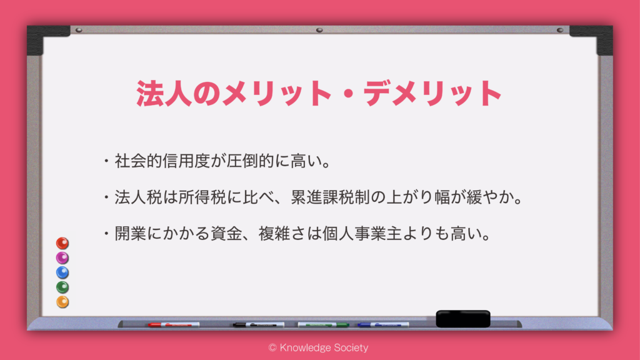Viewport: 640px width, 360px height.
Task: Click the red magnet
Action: tap(62, 243)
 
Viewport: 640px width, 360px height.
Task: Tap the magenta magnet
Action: tap(62, 258)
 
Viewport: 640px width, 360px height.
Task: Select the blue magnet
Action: tap(62, 272)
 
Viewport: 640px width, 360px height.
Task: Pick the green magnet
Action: tap(62, 287)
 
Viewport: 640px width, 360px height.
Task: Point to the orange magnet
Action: tap(62, 302)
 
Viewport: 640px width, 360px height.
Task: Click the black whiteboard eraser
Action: tap(463, 319)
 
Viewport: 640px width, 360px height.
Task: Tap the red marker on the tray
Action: tap(174, 325)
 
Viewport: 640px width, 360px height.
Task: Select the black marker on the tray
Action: tap(258, 325)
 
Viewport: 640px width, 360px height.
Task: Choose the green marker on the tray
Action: tap(323, 325)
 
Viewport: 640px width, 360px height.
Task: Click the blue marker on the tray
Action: tap(383, 325)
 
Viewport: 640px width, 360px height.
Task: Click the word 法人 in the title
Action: tap(164, 94)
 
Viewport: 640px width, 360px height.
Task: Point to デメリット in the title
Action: tap(432, 94)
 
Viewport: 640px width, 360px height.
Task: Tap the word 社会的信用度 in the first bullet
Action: tap(162, 161)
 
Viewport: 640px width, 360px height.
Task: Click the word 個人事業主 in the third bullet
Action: tap(362, 234)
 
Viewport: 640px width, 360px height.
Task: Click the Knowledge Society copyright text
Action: tap(318, 347)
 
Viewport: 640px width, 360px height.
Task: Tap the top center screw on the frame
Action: tap(319, 30)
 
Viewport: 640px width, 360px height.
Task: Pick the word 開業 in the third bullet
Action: tap(131, 234)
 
